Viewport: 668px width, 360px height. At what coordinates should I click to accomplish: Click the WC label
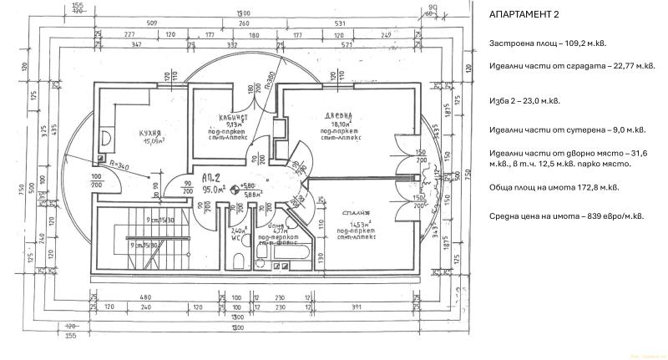click(236, 236)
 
